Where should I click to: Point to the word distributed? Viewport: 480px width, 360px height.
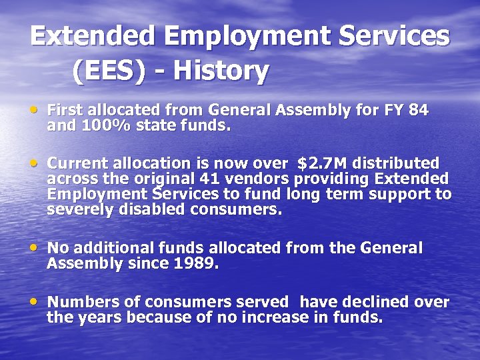pyautogui.click(x=395, y=163)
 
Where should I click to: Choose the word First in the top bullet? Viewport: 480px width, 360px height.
pyautogui.click(x=67, y=109)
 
